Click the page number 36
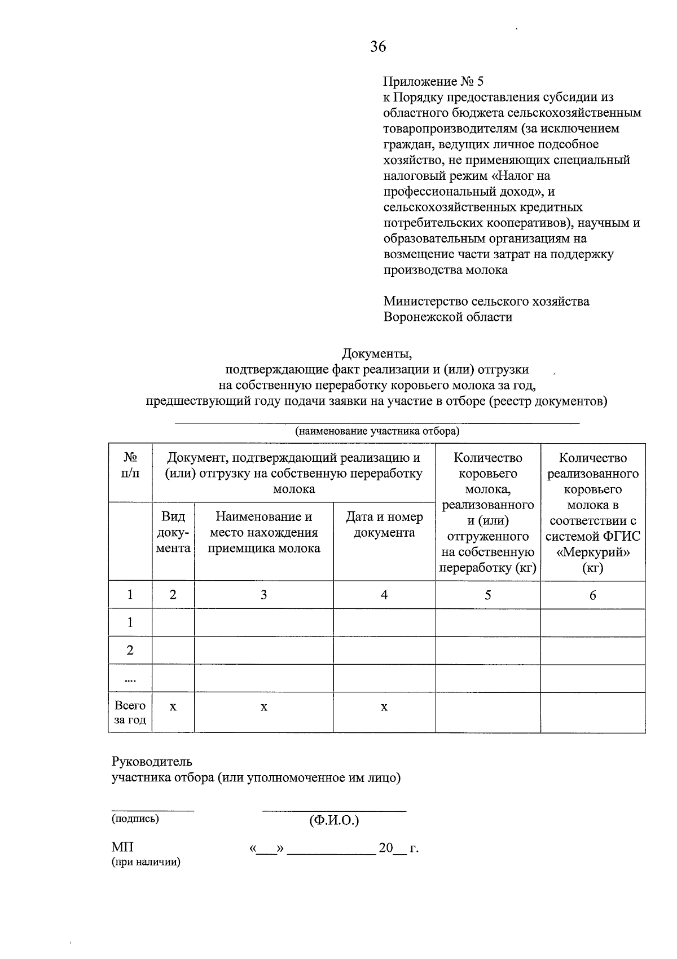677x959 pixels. click(378, 47)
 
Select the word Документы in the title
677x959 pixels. click(376, 354)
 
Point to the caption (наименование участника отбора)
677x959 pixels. click(377, 432)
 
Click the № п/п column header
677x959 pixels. click(130, 466)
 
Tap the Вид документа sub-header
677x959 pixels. click(173, 532)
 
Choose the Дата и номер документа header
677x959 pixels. click(384, 525)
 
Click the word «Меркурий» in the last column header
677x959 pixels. click(592, 553)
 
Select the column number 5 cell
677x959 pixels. click(487, 595)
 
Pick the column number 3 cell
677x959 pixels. click(263, 595)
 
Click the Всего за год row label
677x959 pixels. click(130, 713)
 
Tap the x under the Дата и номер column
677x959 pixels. click(384, 707)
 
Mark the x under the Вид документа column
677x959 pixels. click(173, 707)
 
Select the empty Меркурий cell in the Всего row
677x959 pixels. click(592, 713)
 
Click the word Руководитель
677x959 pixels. click(152, 762)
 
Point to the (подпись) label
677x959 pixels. click(135, 819)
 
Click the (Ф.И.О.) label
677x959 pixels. click(334, 820)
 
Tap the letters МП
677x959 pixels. click(122, 848)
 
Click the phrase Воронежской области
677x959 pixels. click(447, 317)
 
